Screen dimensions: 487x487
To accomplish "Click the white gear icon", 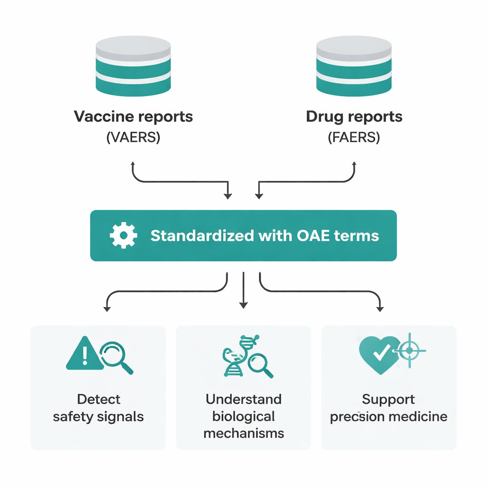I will coord(124,235).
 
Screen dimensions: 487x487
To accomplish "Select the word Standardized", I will coord(199,235).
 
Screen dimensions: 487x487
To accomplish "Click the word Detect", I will coord(98,399).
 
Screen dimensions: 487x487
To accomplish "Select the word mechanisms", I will coord(243,433).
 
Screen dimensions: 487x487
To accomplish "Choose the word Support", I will coord(389,399).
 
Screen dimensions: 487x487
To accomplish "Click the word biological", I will coord(243,416).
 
